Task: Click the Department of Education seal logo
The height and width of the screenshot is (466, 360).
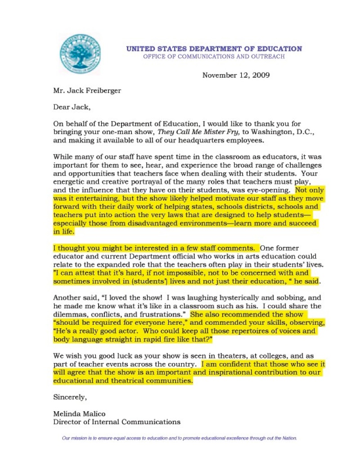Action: click(x=80, y=53)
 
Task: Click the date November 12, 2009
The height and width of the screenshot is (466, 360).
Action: click(x=235, y=75)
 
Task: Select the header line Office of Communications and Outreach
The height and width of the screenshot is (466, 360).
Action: click(x=214, y=57)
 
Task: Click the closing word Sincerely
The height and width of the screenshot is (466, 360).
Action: click(x=70, y=397)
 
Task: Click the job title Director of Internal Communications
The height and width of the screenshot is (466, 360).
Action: click(x=117, y=422)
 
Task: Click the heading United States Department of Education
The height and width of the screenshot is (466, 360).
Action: click(x=214, y=49)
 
